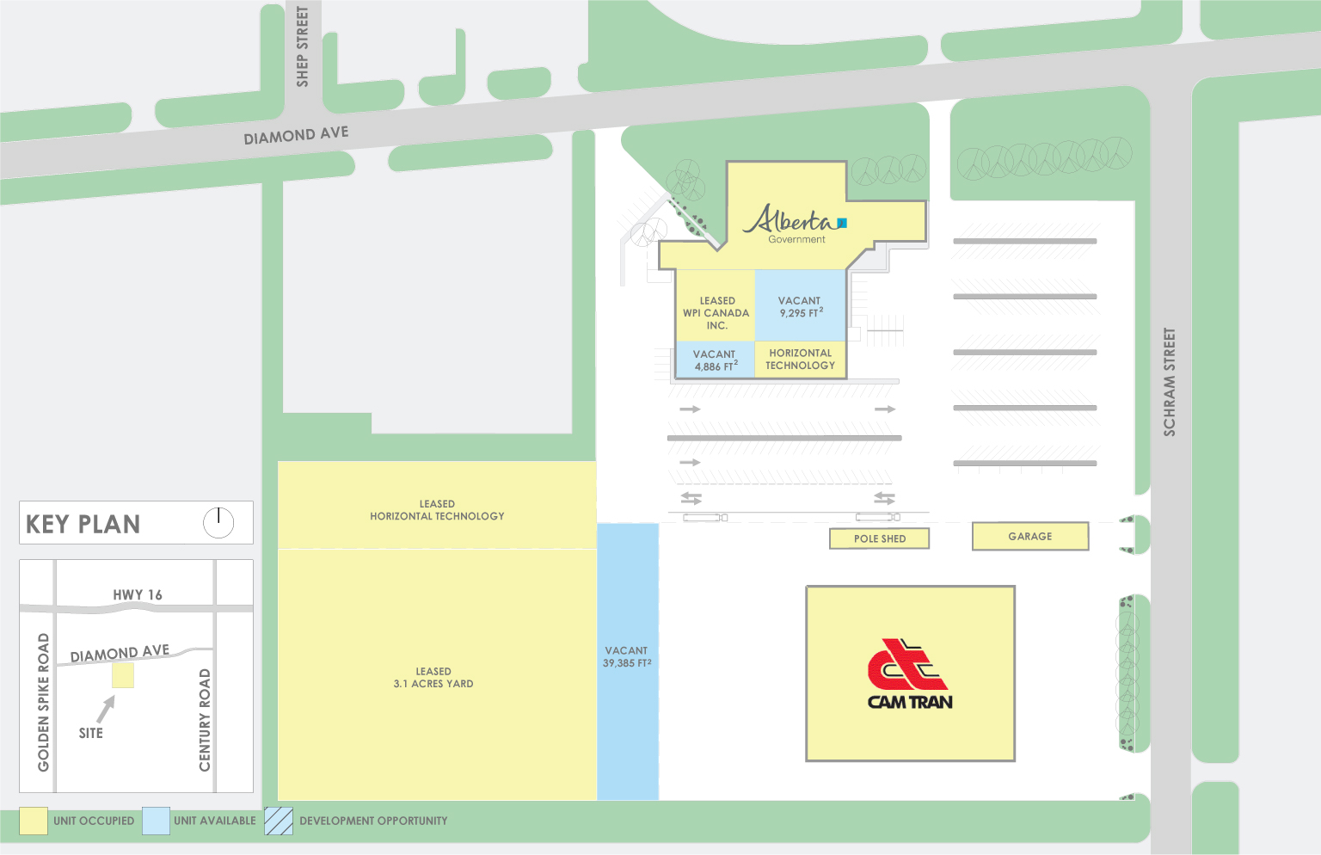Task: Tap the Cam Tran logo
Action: [x=910, y=674]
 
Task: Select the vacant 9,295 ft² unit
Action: [x=800, y=307]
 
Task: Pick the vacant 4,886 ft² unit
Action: [x=715, y=360]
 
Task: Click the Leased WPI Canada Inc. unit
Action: [x=716, y=313]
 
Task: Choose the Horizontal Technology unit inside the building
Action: [x=800, y=360]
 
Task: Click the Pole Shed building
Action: [x=879, y=538]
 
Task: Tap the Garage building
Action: [x=1029, y=536]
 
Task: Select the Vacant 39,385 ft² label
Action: [x=627, y=657]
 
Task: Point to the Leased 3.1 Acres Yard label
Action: [x=433, y=678]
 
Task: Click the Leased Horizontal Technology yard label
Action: [x=437, y=510]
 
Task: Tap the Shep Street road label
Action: [x=302, y=46]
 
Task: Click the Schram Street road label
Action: [x=1170, y=382]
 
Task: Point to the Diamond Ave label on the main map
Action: [x=296, y=135]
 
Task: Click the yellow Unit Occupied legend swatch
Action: [x=34, y=821]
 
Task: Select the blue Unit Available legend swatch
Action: [x=156, y=821]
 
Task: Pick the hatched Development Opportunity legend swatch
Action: [x=279, y=821]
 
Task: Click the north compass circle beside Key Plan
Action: [x=218, y=522]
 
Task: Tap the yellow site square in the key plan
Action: [x=123, y=675]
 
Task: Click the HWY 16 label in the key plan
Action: [x=138, y=594]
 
